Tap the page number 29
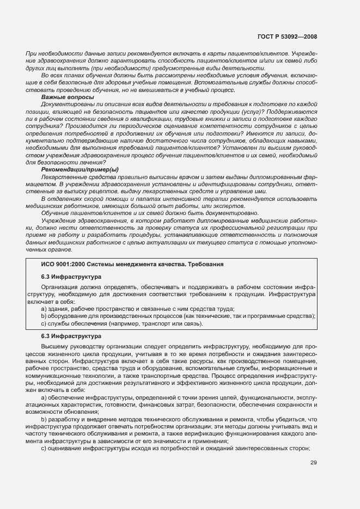pyautogui.click(x=314, y=463)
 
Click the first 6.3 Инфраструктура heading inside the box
pyautogui.click(x=68, y=276)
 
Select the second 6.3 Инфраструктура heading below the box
pyautogui.click(x=68, y=336)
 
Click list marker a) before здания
pyautogui.click(x=44, y=309)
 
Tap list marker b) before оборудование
pyautogui.click(x=44, y=316)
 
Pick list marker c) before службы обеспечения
pyautogui.click(x=44, y=324)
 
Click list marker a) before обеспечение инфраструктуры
pyautogui.click(x=44, y=398)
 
